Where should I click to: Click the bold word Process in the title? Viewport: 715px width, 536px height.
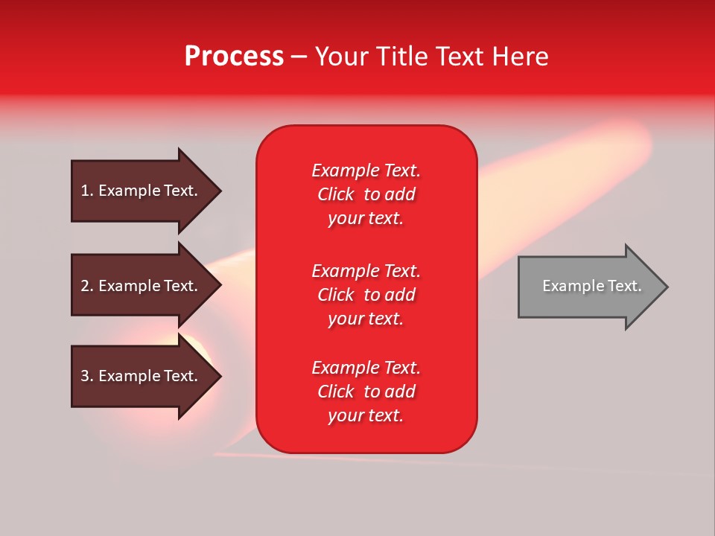[x=234, y=57]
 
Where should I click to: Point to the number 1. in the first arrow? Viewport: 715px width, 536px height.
[x=87, y=191]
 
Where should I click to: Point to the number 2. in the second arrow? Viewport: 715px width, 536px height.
[x=87, y=286]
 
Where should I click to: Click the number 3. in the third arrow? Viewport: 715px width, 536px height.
[x=87, y=376]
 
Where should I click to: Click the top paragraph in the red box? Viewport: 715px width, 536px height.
[x=366, y=194]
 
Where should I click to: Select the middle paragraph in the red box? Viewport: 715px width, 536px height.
[x=366, y=295]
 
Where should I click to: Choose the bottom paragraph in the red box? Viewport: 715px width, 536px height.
[x=366, y=392]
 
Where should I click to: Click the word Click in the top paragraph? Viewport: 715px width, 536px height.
[x=335, y=194]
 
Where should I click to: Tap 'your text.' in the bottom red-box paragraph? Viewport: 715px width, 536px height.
[x=366, y=415]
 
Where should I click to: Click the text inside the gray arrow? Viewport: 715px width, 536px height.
[x=591, y=286]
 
